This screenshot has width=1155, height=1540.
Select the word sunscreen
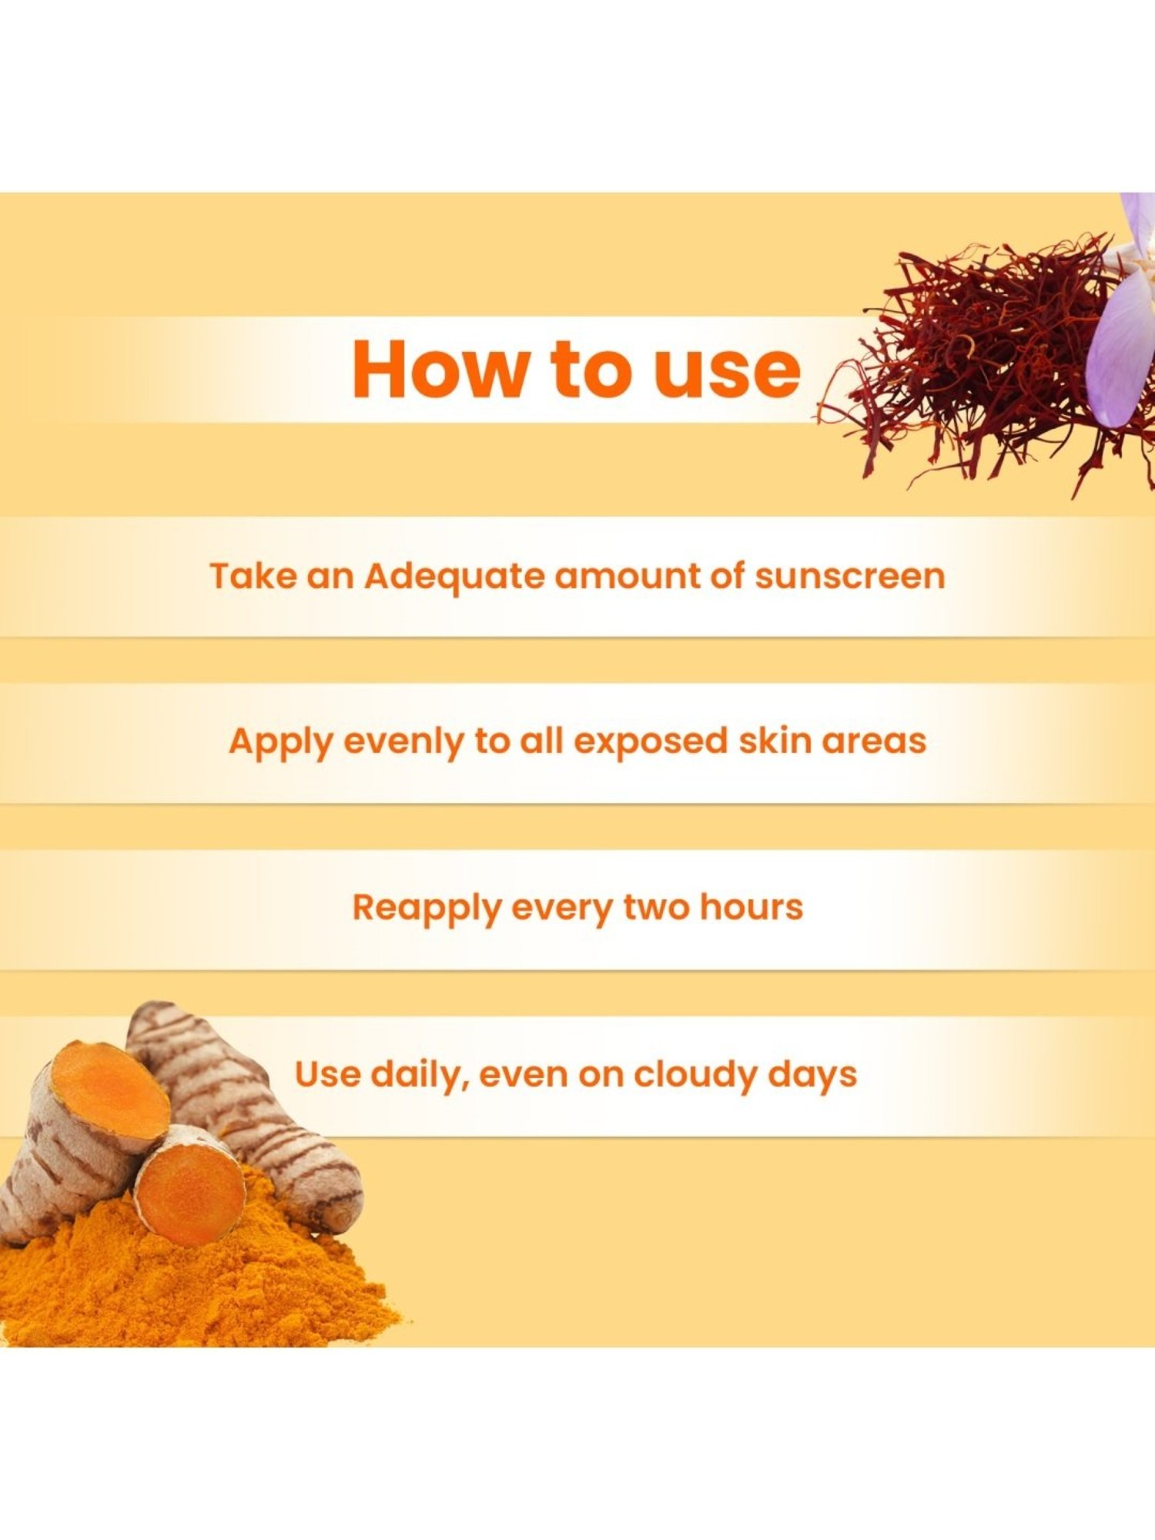[x=849, y=576]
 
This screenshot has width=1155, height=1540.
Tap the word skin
[x=775, y=741]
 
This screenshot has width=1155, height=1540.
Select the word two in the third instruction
[x=656, y=907]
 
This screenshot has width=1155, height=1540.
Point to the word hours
[x=751, y=907]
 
